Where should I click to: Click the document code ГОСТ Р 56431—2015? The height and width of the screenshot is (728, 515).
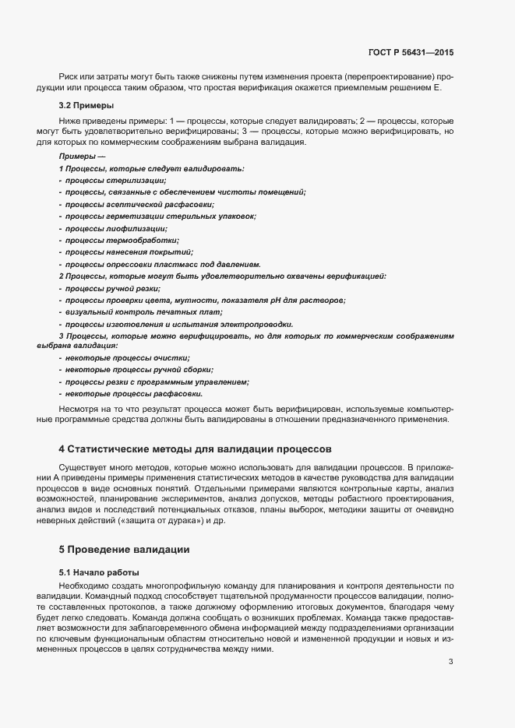pyautogui.click(x=411, y=52)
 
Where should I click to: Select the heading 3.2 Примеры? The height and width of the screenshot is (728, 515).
pyautogui.click(x=86, y=105)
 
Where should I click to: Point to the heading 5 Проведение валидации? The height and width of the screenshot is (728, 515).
pyautogui.click(x=124, y=549)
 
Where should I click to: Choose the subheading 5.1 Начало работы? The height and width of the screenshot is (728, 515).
pyautogui.click(x=98, y=572)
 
